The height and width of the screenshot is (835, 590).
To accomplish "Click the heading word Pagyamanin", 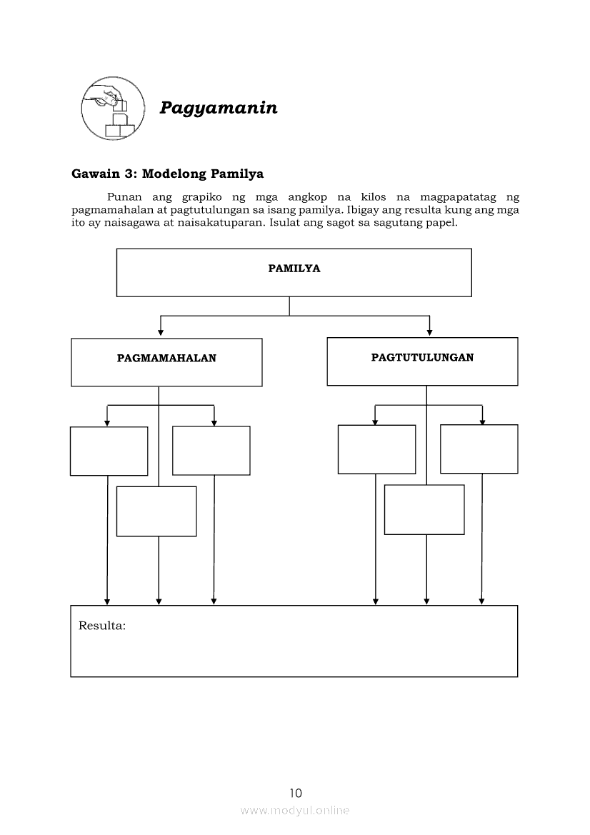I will coord(218,108).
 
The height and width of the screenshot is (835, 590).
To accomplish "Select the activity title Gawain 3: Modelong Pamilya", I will coord(168,174).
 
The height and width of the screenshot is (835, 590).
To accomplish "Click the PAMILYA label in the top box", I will coord(294,269).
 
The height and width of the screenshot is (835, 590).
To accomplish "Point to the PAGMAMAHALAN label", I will coord(166,359).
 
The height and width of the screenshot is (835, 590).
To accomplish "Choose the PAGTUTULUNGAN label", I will coord(422,357).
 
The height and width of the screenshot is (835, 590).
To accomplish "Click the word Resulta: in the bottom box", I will coord(102,626).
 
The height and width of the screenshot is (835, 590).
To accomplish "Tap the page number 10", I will coord(296,793).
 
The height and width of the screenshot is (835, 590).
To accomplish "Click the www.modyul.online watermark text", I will coord(295,811).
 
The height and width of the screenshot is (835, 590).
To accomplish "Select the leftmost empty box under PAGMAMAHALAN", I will coord(109,451).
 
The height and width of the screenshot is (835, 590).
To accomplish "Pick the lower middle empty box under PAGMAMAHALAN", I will coord(156,511).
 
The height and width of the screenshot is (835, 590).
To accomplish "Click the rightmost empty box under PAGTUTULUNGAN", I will coord(479,449).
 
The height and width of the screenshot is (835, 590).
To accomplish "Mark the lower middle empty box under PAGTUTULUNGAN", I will coord(424,509).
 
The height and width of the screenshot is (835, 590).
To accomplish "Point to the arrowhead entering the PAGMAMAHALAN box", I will coord(161,332).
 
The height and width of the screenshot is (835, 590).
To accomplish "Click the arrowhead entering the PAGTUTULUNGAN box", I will coord(429,331).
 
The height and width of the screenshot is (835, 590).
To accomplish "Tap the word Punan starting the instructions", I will coord(121,196).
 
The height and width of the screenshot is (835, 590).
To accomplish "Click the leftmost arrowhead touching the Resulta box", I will coord(107,601).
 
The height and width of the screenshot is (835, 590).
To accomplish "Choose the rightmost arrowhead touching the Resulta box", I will coord(482,601).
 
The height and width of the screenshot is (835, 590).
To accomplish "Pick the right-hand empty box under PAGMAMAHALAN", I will coord(211,450).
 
